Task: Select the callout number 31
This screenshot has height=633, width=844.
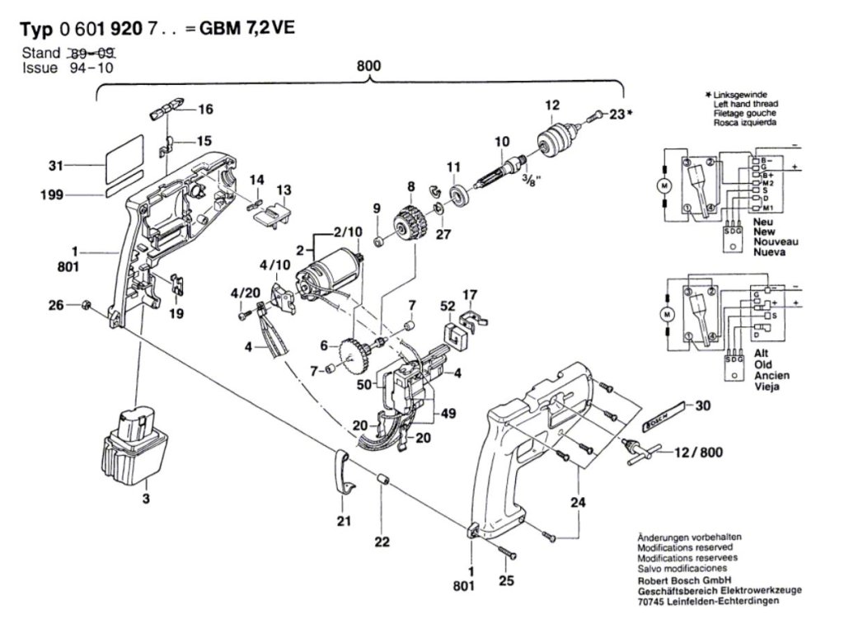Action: [x=56, y=166]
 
